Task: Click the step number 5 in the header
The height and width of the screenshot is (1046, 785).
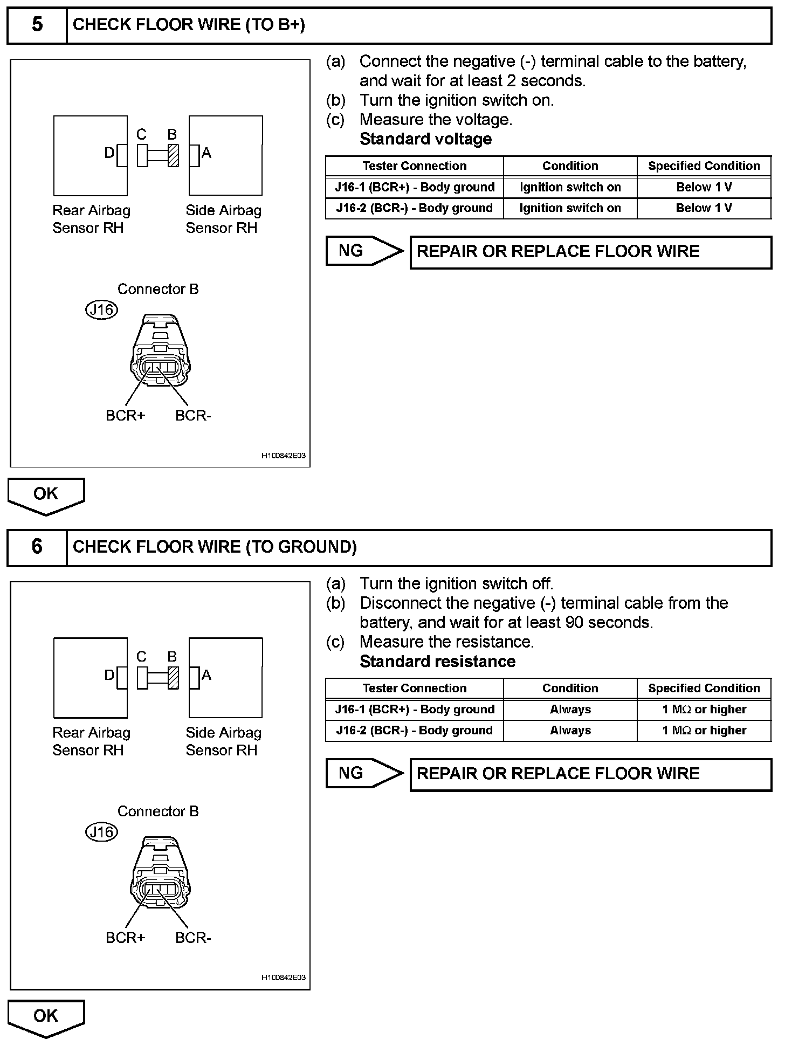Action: pyautogui.click(x=37, y=25)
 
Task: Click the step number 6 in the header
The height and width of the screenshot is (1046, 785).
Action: pyautogui.click(x=37, y=547)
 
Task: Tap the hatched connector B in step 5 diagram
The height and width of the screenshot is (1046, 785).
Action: pyautogui.click(x=173, y=155)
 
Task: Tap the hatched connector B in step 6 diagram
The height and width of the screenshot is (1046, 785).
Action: pyautogui.click(x=173, y=677)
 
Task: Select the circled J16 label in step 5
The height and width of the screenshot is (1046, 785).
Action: pyautogui.click(x=102, y=309)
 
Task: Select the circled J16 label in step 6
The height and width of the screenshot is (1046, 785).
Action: pyautogui.click(x=102, y=832)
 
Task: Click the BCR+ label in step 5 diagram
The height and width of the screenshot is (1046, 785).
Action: pyautogui.click(x=125, y=416)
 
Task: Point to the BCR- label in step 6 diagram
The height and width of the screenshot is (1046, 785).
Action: pyautogui.click(x=193, y=938)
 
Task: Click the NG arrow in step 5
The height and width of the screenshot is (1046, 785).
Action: pyautogui.click(x=364, y=251)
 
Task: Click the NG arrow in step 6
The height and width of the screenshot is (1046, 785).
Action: pyautogui.click(x=364, y=773)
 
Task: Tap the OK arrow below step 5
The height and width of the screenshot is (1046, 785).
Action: pyautogui.click(x=46, y=496)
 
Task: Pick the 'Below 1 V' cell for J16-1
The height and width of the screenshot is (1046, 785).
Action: pyautogui.click(x=704, y=187)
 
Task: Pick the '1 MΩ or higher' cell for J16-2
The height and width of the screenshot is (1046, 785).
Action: pyautogui.click(x=704, y=731)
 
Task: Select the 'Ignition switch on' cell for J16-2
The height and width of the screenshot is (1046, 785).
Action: pyautogui.click(x=570, y=208)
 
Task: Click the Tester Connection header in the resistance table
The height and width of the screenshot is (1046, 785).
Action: pyautogui.click(x=414, y=689)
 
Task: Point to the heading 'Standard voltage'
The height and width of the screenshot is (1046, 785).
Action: pyautogui.click(x=425, y=139)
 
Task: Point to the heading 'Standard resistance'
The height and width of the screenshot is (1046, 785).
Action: pyautogui.click(x=437, y=662)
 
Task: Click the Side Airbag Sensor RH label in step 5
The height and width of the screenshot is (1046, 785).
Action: pyautogui.click(x=223, y=219)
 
